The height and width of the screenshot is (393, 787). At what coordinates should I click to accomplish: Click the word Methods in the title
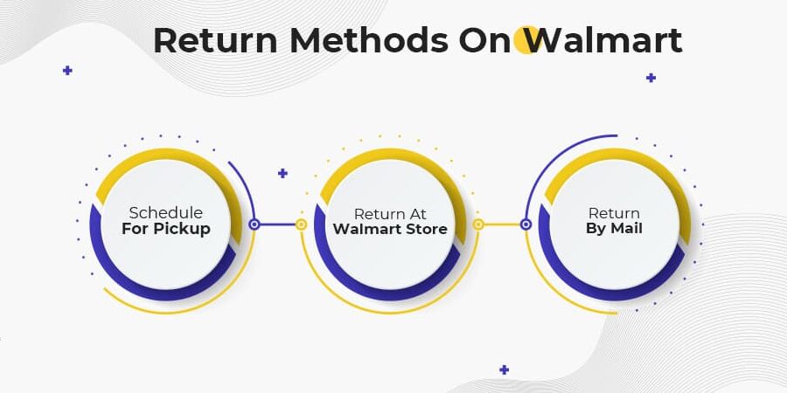[368, 40]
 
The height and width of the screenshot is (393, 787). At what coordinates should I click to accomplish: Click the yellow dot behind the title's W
[526, 40]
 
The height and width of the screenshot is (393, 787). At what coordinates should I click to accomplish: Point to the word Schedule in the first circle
[165, 212]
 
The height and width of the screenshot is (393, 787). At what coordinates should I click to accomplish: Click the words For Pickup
[165, 229]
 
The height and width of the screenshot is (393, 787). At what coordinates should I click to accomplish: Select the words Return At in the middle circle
[391, 213]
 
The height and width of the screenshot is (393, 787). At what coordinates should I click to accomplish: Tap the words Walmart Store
[391, 230]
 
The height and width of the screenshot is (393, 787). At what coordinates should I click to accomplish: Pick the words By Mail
[614, 229]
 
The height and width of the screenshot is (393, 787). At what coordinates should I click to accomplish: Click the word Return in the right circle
[614, 212]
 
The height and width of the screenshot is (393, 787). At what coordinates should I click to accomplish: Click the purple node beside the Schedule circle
[254, 224]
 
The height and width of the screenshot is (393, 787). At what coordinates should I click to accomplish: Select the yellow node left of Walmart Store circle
[301, 224]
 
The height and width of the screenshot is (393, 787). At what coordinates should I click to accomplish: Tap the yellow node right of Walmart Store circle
[478, 224]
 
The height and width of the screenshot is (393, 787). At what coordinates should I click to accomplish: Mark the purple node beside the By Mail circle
[526, 224]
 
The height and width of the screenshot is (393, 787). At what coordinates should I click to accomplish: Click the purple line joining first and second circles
[277, 224]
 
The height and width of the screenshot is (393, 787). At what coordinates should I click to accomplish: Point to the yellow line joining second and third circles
[502, 224]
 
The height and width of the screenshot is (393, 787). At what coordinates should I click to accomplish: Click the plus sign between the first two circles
[282, 173]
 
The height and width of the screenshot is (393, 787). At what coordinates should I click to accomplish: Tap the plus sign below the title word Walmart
[651, 78]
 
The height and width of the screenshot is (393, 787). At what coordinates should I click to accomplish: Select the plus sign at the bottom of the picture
[504, 369]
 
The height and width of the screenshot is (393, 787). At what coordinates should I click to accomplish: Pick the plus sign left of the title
[67, 70]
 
